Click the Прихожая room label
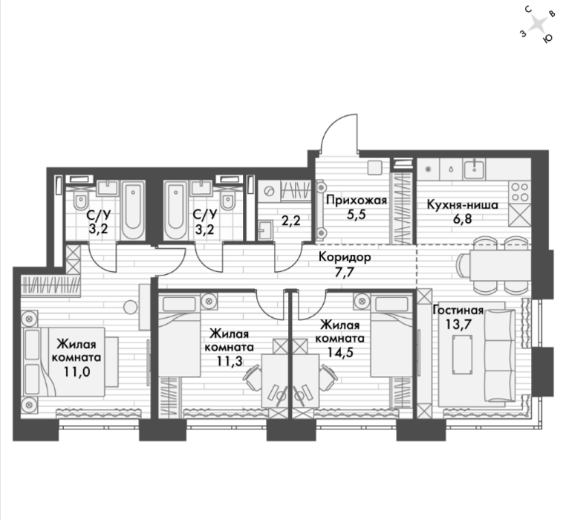click(x=357, y=200)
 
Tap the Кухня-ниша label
click(x=463, y=205)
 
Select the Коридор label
click(x=345, y=257)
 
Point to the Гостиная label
click(x=458, y=310)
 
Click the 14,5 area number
click(x=340, y=352)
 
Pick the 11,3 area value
click(x=230, y=361)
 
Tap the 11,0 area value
click(x=77, y=371)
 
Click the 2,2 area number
click(x=290, y=221)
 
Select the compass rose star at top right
click(x=538, y=25)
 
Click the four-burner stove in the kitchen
click(x=520, y=192)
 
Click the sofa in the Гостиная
click(x=500, y=356)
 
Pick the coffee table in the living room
click(x=463, y=355)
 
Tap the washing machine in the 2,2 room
click(x=268, y=191)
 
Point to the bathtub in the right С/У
click(x=175, y=209)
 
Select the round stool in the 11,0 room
click(x=130, y=308)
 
